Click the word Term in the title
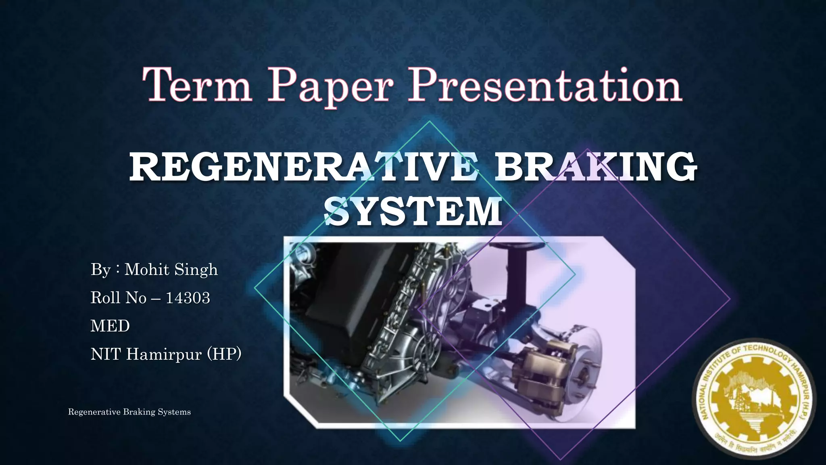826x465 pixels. (197, 86)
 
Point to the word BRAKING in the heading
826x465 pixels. (596, 167)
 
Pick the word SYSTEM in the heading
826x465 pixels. (413, 212)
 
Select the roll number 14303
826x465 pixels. (188, 298)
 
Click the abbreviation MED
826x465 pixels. (110, 326)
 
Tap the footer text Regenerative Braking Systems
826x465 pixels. (129, 412)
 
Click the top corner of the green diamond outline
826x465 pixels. (430, 121)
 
